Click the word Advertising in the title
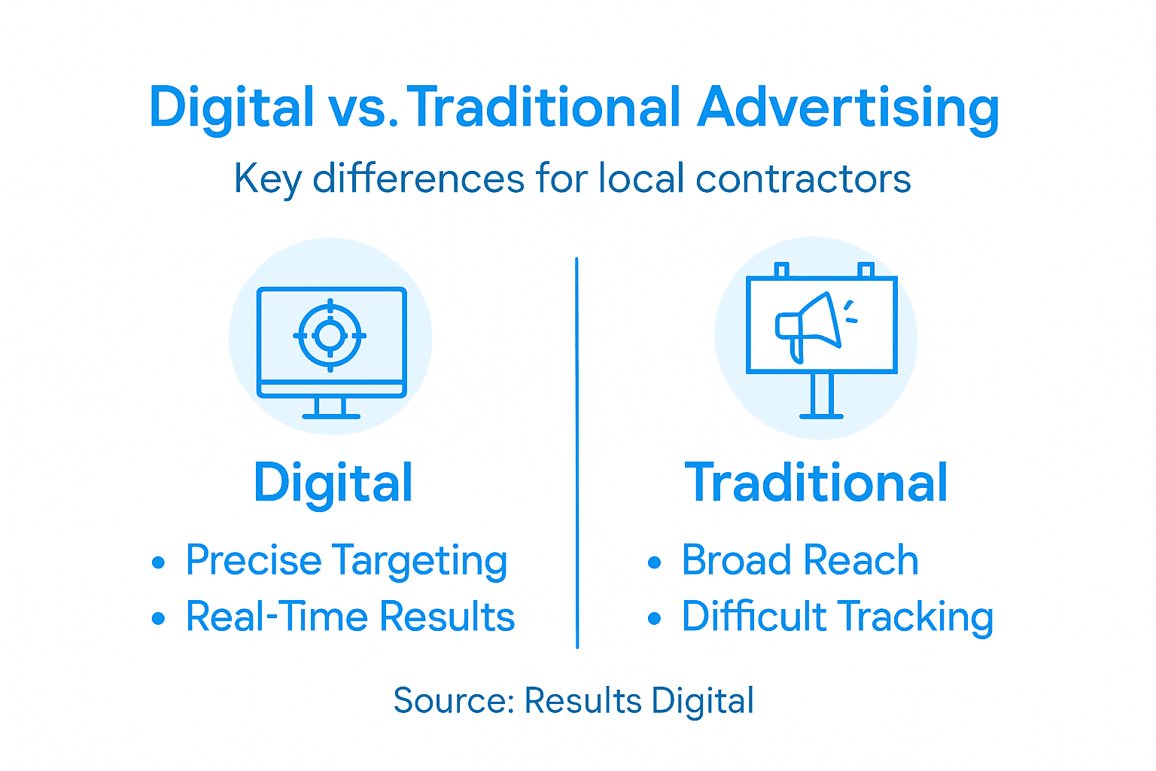[848, 108]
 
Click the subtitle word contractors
[803, 179]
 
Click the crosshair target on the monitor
[330, 335]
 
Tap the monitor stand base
[331, 415]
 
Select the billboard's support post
[821, 395]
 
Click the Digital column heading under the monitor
[333, 483]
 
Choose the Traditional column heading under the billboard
[816, 483]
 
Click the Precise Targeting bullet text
[346, 561]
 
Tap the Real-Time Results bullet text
[350, 617]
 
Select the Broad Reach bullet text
[800, 561]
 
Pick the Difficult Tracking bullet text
[837, 617]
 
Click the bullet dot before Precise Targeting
[158, 562]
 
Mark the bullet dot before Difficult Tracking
[654, 619]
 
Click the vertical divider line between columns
[577, 452]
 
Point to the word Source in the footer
[449, 700]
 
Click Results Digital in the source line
[639, 700]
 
